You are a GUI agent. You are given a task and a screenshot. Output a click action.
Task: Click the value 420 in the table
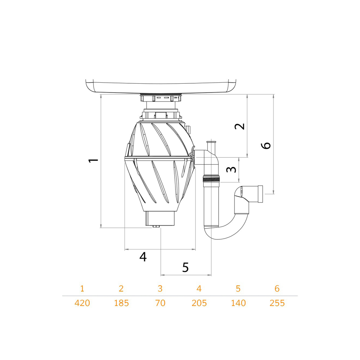pyautogui.click(x=82, y=303)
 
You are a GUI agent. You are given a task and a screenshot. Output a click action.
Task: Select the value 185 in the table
pyautogui.click(x=121, y=303)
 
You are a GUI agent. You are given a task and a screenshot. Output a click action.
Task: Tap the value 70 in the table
pyautogui.click(x=160, y=303)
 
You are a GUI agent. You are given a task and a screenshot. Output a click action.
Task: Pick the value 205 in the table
pyautogui.click(x=199, y=303)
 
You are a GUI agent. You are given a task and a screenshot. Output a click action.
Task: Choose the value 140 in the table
pyautogui.click(x=238, y=303)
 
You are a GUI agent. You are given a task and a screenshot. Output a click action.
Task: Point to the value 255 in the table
pyautogui.click(x=277, y=303)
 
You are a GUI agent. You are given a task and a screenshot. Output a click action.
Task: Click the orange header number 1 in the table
pyautogui.click(x=82, y=289)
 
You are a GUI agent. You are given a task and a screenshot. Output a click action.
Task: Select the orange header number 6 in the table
pyautogui.click(x=277, y=289)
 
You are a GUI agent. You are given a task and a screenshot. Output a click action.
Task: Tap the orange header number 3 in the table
pyautogui.click(x=160, y=289)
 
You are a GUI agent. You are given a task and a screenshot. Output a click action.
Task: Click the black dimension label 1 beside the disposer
pyautogui.click(x=94, y=160)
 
